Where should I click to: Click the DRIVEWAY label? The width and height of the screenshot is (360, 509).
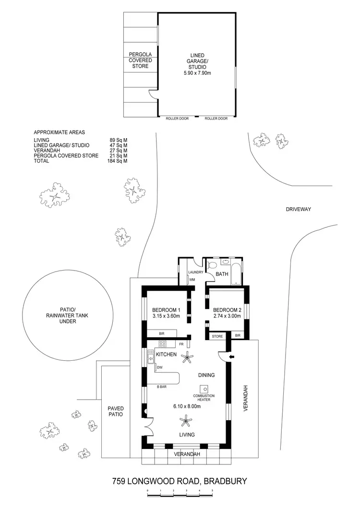(299, 209)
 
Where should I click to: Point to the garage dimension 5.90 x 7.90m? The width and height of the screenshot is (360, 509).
(197, 73)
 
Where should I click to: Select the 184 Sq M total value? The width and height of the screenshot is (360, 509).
(117, 161)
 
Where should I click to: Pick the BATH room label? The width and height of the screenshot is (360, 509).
(222, 274)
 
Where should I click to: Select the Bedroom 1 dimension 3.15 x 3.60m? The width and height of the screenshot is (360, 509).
(166, 316)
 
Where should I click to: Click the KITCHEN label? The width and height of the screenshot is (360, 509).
(166, 355)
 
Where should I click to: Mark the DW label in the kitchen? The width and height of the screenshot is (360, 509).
(158, 368)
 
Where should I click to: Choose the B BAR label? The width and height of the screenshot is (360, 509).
(161, 386)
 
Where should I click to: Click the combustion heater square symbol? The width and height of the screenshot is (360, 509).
(204, 389)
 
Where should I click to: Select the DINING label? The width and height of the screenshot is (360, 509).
(206, 375)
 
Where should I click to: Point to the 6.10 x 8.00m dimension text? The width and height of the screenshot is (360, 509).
(187, 406)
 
